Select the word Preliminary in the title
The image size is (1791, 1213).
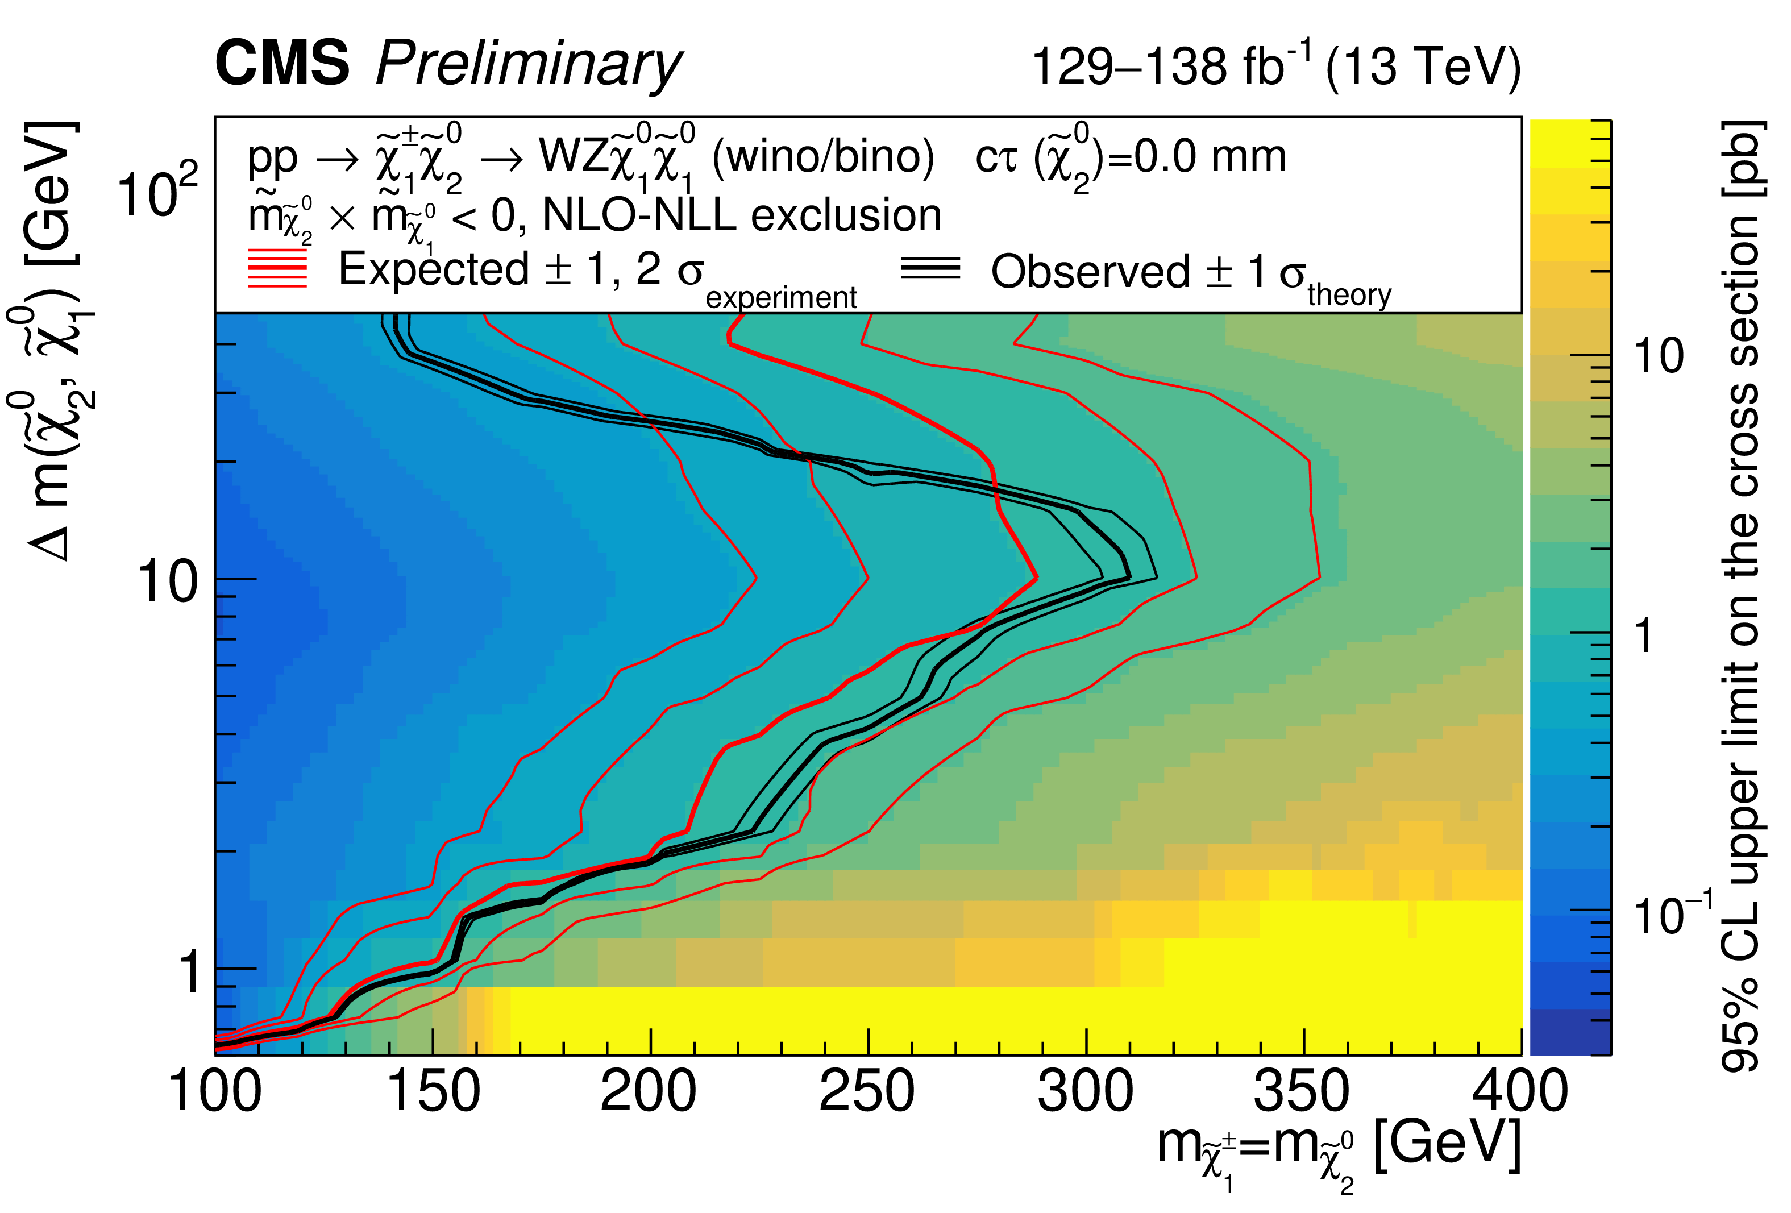click(x=528, y=65)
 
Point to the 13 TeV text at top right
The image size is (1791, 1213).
click(x=1423, y=67)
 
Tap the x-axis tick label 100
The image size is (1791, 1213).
click(x=215, y=1092)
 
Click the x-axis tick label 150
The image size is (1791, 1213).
click(x=433, y=1092)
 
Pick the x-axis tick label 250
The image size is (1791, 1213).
click(x=867, y=1092)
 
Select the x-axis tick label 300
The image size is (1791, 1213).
click(x=1085, y=1092)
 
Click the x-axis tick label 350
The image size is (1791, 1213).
click(x=1302, y=1092)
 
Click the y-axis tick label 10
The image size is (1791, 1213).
click(x=167, y=582)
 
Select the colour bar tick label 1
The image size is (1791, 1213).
click(x=1644, y=637)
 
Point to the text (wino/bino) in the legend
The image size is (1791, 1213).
click(x=823, y=157)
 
